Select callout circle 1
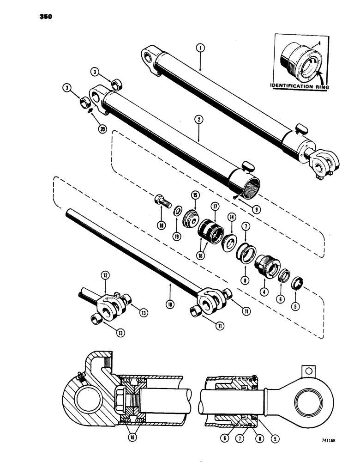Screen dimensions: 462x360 pos(199,47)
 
